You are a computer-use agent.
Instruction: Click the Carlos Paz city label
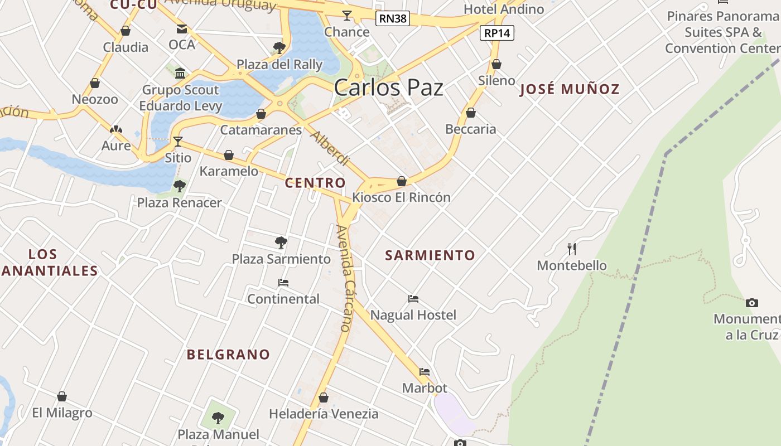pos(388,88)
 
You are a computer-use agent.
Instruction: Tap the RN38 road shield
pos(393,18)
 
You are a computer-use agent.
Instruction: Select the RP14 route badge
pos(497,33)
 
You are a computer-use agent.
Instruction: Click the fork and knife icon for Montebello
pos(572,249)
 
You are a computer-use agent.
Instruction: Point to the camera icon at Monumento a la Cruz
pos(752,303)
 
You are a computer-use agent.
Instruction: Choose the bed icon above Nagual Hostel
pos(413,299)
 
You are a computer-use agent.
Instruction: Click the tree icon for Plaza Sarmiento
pos(281,243)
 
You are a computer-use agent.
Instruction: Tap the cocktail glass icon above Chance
pos(347,15)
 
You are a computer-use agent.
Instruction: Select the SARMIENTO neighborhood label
pos(430,255)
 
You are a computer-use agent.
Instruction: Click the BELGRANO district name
pos(228,355)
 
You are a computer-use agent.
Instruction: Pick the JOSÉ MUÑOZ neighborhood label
pos(570,89)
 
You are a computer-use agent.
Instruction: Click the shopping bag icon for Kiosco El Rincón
pos(402,181)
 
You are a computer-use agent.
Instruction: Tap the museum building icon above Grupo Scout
pos(180,73)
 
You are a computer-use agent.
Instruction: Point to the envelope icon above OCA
pos(182,28)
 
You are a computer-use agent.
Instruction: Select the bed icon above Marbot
pos(425,372)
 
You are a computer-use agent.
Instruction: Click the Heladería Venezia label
pos(324,414)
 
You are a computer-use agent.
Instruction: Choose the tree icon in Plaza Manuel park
pos(218,418)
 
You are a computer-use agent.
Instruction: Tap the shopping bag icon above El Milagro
pos(62,396)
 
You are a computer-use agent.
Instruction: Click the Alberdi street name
pos(330,149)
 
